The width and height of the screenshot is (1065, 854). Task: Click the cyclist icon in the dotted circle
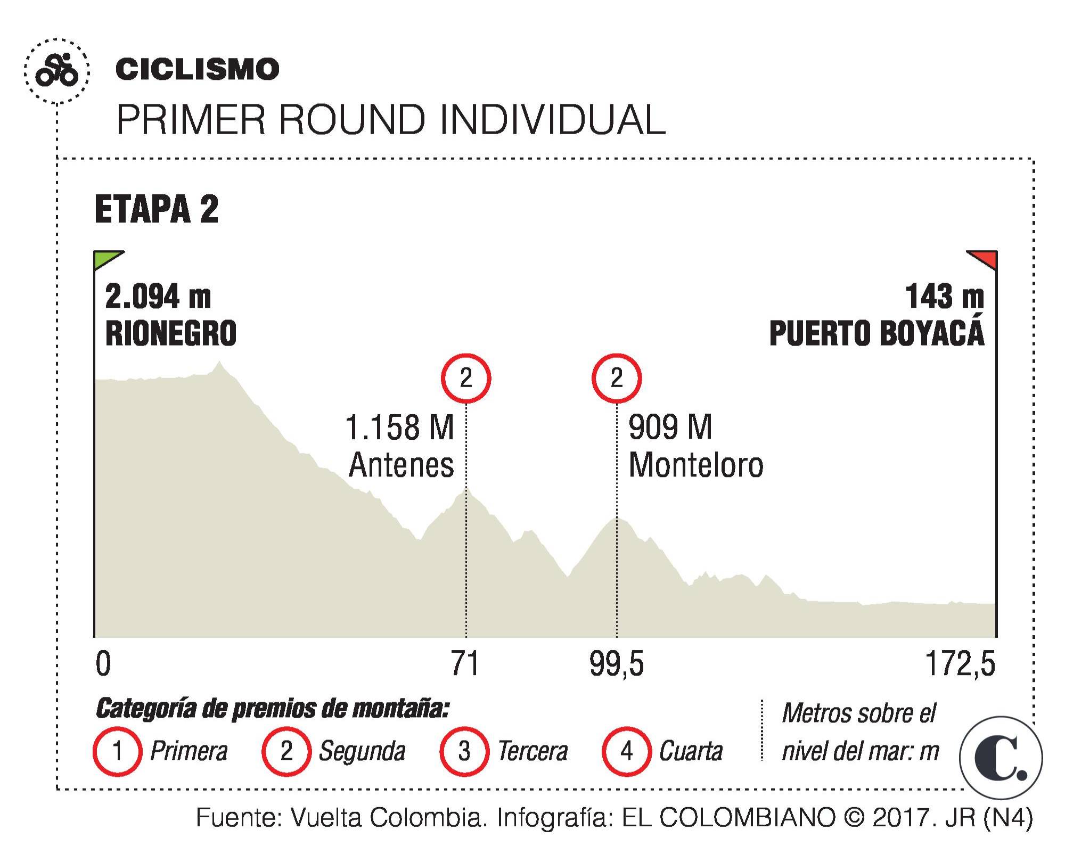[x=56, y=71]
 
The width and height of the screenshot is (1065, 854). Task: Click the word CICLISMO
[x=197, y=70]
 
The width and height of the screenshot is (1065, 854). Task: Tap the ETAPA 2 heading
[x=157, y=209]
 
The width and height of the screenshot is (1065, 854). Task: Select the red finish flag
[x=983, y=259]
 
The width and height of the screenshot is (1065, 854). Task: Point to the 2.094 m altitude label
[x=158, y=297]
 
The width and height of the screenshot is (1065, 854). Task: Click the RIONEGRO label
[x=171, y=333]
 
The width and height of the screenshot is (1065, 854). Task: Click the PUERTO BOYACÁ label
[x=876, y=333]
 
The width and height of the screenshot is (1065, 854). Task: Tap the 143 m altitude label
[x=945, y=297]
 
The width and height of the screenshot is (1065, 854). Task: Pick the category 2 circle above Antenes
[x=466, y=378]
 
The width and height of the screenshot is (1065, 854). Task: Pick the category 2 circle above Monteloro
[x=617, y=378]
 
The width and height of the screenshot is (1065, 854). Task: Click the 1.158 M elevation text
[x=400, y=427]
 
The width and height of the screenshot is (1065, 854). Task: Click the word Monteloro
[x=696, y=465]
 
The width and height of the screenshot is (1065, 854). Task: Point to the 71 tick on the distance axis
[x=465, y=664]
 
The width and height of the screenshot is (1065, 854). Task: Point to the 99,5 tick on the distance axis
[x=617, y=664]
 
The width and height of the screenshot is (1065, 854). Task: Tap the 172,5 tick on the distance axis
[x=960, y=664]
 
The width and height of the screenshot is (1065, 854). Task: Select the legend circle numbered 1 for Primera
[x=118, y=751]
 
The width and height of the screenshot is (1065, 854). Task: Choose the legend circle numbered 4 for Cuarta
[x=627, y=751]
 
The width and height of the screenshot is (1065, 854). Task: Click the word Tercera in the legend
[x=532, y=751]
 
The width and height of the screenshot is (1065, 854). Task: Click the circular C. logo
[x=1001, y=758]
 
